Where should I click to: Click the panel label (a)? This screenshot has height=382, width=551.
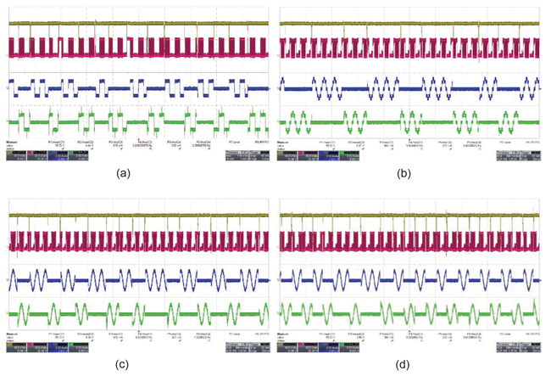[x=136, y=171]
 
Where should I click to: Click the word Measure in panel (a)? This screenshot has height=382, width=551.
[x=13, y=142]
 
